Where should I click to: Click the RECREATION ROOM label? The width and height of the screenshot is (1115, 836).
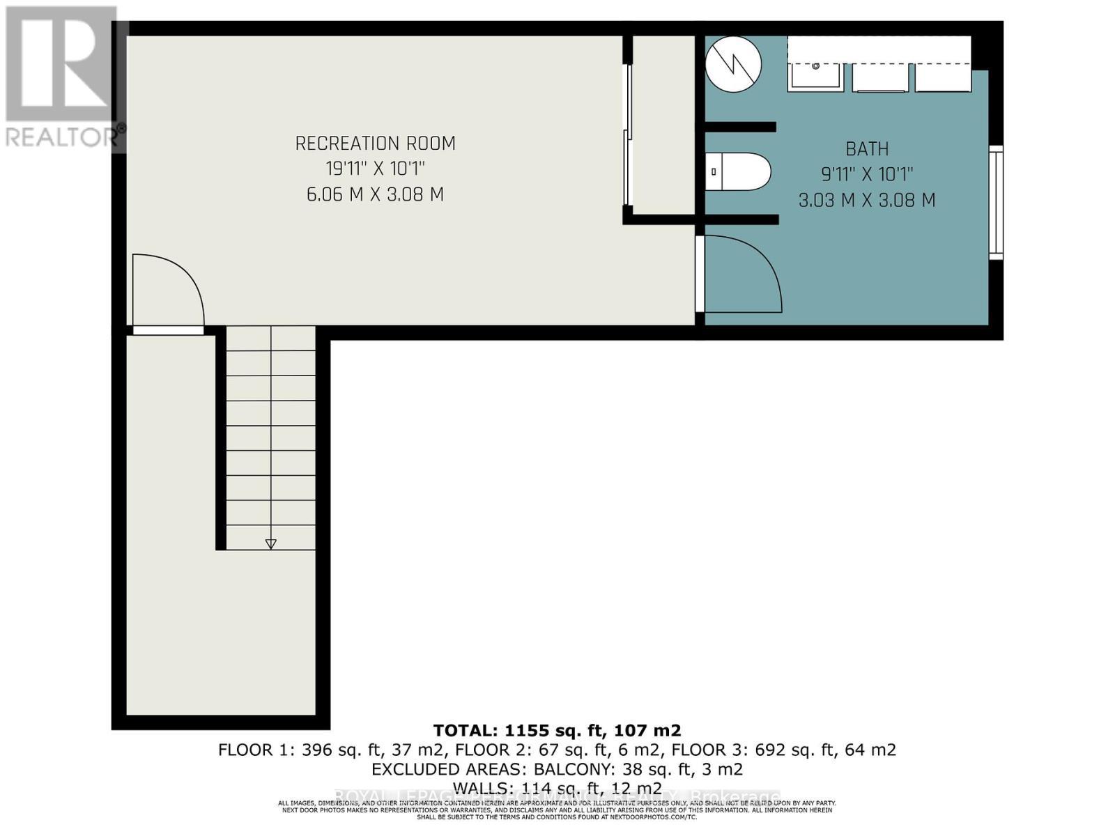tap(375, 144)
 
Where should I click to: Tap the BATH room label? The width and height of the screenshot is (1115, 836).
tap(867, 149)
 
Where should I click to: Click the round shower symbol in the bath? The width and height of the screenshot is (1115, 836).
tap(733, 64)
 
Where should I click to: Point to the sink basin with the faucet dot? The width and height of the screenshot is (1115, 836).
tap(815, 74)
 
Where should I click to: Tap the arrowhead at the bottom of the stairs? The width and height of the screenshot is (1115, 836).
tap(271, 544)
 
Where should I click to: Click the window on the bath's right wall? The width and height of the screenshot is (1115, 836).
tap(997, 203)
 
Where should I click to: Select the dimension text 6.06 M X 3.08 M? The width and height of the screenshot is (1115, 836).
tap(375, 194)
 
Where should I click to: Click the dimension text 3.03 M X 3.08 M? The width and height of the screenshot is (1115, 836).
tap(867, 201)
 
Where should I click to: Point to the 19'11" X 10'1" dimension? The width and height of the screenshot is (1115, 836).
tap(375, 169)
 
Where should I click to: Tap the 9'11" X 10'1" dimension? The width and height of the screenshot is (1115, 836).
tap(867, 174)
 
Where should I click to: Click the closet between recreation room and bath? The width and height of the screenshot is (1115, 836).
tap(663, 125)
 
